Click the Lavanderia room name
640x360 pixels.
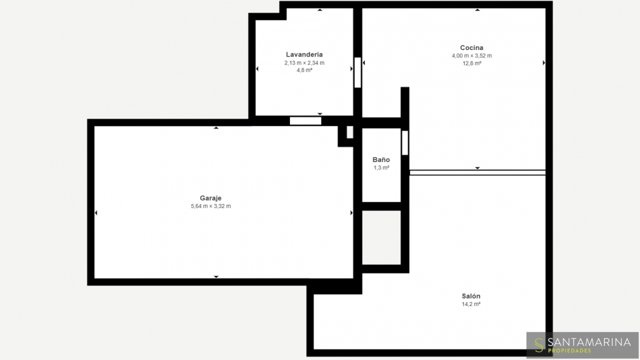304,54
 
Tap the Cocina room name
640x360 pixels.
471,48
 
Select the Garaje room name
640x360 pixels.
211,199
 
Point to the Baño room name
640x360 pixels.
381,159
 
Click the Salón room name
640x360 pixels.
471,296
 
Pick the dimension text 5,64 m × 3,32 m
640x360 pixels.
211,206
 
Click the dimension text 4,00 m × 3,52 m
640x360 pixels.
471,56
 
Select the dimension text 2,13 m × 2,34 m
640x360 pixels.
304,63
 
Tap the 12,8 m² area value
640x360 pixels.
471,63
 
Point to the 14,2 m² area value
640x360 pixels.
471,304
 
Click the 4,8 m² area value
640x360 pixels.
304,70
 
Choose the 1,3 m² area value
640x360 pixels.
381,168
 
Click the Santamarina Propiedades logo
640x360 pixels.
583,345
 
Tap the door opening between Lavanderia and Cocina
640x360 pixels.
357,72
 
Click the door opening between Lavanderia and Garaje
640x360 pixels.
305,121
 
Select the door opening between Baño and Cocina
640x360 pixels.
405,143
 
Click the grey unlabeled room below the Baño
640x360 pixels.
381,237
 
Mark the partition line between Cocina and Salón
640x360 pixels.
477,173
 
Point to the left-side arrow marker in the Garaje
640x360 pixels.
96,213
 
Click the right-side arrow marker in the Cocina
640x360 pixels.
544,63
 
